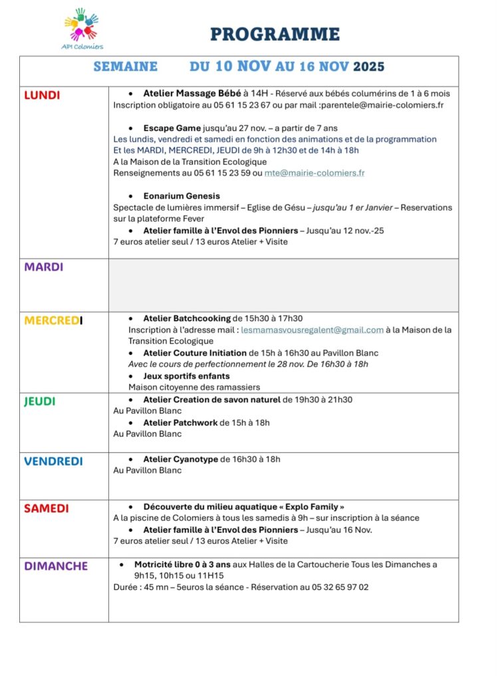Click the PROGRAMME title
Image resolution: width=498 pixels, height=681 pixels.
click(275, 35)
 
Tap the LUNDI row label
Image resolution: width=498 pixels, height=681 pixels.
click(42, 95)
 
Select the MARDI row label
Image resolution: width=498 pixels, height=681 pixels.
click(44, 267)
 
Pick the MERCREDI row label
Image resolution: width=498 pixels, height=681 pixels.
click(53, 320)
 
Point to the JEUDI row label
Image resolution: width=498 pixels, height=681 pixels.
click(40, 402)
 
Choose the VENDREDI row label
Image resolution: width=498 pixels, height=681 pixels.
click(53, 461)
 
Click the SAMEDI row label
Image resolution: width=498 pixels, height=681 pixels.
click(47, 509)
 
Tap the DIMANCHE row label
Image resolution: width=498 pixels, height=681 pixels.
click(56, 566)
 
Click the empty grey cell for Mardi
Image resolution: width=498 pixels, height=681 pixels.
click(283, 285)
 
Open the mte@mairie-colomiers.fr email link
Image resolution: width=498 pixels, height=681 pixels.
click(314, 173)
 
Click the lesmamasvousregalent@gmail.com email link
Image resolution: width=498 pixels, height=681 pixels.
click(312, 330)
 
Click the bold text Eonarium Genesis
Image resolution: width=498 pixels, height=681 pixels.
click(182, 196)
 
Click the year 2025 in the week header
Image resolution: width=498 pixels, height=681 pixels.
click(368, 67)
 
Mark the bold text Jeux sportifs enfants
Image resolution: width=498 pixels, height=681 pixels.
click(187, 376)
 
